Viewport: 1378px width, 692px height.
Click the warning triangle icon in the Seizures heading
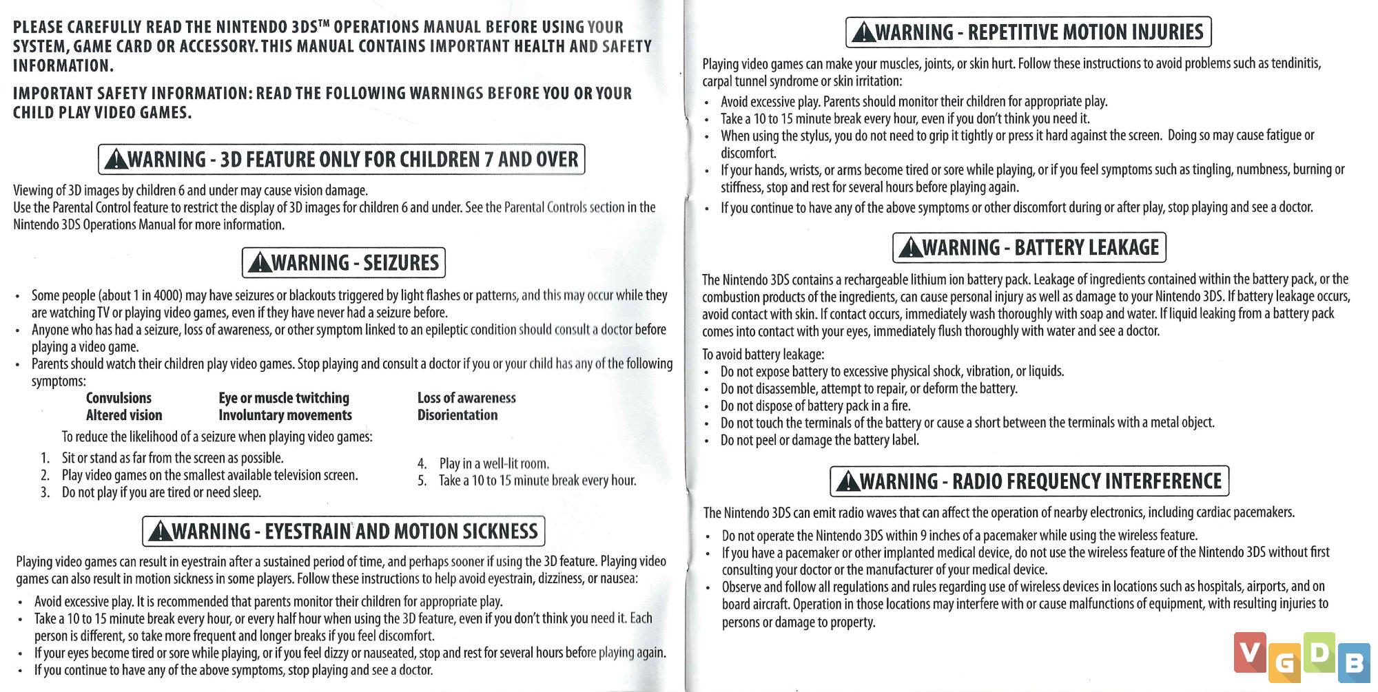click(259, 263)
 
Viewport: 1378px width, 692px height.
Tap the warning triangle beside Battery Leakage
click(910, 248)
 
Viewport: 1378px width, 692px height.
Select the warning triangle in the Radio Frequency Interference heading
click(847, 482)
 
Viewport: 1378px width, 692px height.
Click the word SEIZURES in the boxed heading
click(401, 263)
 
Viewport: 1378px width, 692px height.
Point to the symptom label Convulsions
click(119, 398)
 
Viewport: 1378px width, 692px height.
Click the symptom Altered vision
click(124, 415)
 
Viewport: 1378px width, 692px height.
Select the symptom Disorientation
click(457, 415)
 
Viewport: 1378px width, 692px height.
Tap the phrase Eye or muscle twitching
click(284, 398)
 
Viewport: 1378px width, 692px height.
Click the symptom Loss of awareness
click(466, 398)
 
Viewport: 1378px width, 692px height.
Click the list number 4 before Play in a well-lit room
click(422, 463)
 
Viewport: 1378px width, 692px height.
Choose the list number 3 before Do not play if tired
click(45, 492)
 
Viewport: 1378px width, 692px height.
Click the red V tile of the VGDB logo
click(1250, 651)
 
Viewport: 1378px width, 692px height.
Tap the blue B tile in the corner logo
click(1354, 662)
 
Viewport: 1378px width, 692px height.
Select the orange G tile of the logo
click(1284, 662)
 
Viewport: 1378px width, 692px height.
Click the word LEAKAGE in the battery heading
click(1122, 248)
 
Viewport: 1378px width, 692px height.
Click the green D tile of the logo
click(1319, 651)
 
